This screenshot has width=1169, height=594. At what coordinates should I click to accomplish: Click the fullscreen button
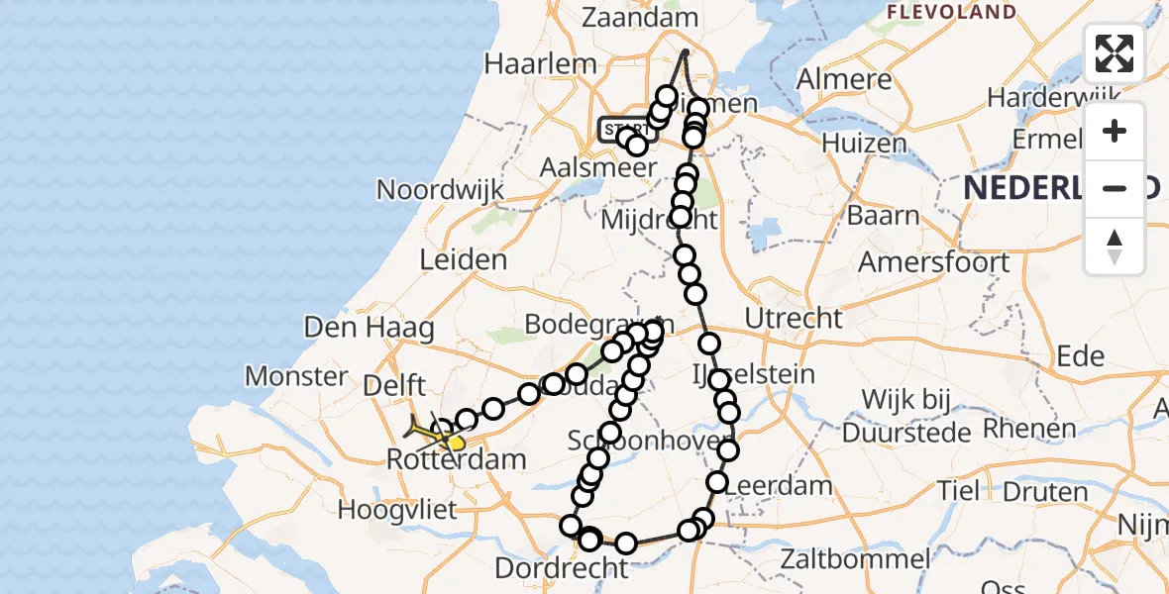[1115, 53]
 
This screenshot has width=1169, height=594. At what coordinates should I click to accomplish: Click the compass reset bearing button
[1115, 246]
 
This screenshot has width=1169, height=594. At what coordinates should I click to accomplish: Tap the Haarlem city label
[540, 64]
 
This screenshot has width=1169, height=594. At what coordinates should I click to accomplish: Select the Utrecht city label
[794, 319]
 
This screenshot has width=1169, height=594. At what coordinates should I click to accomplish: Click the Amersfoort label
[934, 262]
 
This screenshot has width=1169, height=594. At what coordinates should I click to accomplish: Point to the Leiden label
[464, 260]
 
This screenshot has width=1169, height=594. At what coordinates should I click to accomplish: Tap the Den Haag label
[370, 327]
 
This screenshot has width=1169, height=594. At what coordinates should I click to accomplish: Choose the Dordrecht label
[562, 568]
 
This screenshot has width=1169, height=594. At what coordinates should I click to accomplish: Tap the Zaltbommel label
[855, 559]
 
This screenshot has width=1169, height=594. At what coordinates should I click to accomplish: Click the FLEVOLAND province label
[951, 12]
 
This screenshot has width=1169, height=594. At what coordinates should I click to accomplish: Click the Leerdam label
[779, 486]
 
